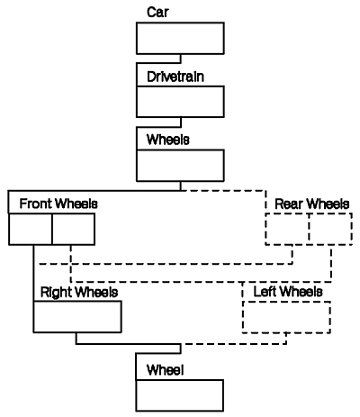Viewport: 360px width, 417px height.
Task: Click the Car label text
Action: pyautogui.click(x=157, y=12)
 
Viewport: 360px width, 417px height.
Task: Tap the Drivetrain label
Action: pyautogui.click(x=175, y=77)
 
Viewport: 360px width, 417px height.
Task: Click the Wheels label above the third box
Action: pyautogui.click(x=168, y=140)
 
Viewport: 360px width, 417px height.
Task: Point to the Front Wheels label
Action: pyautogui.click(x=58, y=204)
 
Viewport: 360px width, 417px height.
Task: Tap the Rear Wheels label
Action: pyautogui.click(x=312, y=204)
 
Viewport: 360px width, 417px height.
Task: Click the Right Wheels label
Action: pyautogui.click(x=79, y=292)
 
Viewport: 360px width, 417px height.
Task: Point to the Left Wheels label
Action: pyautogui.click(x=288, y=292)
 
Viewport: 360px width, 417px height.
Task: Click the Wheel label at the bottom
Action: pyautogui.click(x=165, y=370)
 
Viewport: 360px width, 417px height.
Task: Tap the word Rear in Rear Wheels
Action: pyautogui.click(x=289, y=204)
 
